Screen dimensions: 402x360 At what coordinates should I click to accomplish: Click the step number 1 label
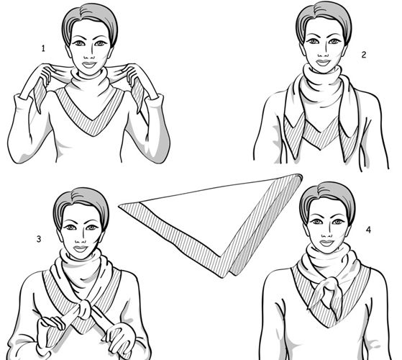43,48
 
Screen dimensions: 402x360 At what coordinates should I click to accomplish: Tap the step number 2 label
364,55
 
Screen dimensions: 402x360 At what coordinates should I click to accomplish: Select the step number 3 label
38,239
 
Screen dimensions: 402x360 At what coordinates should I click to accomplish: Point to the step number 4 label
368,230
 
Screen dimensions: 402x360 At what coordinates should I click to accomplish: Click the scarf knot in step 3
85,309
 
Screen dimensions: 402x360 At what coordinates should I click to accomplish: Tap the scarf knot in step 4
330,286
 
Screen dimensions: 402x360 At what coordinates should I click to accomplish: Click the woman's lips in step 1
89,64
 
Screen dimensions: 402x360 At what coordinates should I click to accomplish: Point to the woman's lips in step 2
323,63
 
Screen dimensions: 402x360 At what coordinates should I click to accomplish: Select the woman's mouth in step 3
81,248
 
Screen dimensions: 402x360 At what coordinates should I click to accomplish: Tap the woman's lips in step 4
326,243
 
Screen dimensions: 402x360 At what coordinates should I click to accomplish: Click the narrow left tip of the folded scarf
119,204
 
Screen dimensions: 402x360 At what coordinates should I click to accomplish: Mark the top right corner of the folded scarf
301,176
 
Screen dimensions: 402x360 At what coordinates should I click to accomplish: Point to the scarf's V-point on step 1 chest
93,135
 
